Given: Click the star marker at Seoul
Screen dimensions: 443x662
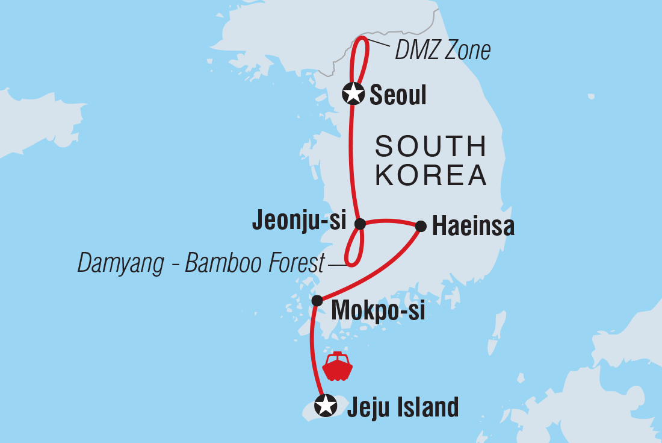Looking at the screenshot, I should point(353,93).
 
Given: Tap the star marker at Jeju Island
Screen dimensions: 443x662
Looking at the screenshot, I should point(326,405).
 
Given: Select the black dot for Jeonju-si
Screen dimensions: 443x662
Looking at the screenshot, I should point(360,224).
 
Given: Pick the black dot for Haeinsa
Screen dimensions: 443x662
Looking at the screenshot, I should point(421,227).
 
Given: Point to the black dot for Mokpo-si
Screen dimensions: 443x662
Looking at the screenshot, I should point(317,300).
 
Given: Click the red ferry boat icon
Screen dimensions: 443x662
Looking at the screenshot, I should point(337,366).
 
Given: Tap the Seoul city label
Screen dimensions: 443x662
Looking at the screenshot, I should point(398,95).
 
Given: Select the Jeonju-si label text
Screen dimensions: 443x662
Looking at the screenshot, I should point(299,221).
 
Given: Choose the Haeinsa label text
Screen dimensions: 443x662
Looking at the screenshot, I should point(473,227).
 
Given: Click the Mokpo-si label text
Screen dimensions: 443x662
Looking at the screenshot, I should point(378,311).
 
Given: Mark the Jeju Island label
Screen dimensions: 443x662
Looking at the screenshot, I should point(403,407).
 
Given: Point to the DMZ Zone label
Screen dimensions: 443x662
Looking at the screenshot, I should point(442,51).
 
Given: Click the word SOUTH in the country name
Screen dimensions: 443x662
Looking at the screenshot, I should point(430,147).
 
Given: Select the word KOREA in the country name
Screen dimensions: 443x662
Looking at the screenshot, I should point(430,175).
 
